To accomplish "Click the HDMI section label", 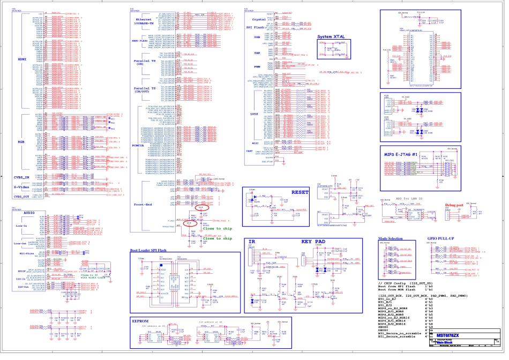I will [22, 59].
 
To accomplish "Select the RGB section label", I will [21, 141].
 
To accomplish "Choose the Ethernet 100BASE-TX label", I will [145, 21].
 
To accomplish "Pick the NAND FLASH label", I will [143, 41].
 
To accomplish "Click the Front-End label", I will [143, 205].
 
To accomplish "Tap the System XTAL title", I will [332, 36].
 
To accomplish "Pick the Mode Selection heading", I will [390, 238].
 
